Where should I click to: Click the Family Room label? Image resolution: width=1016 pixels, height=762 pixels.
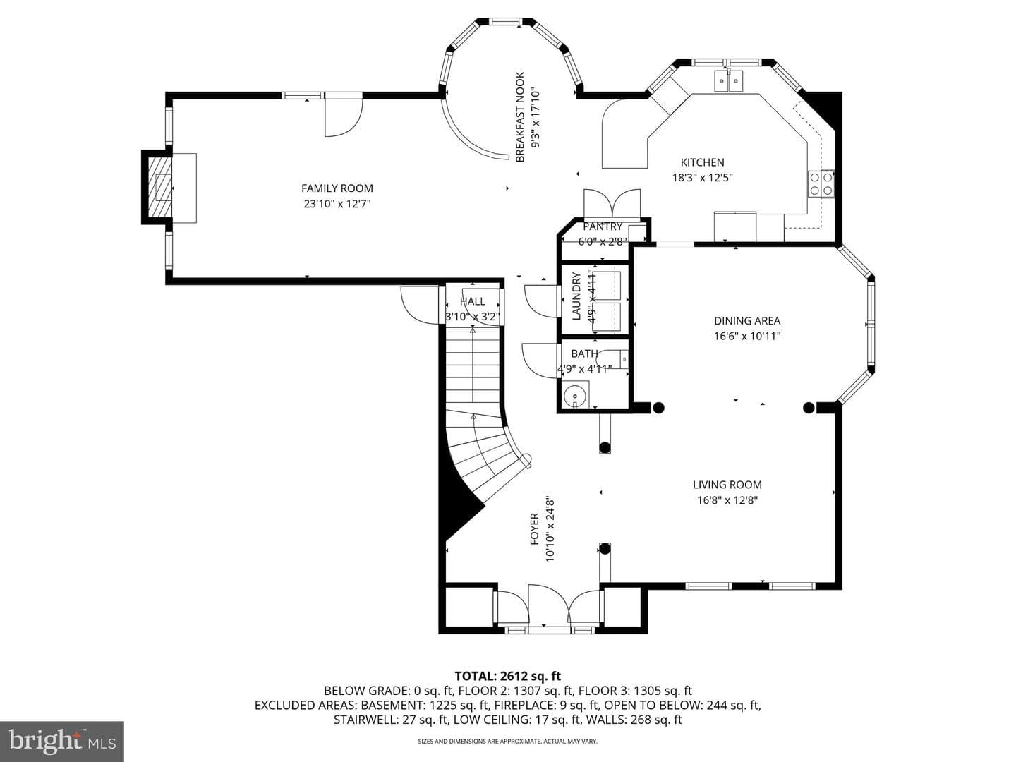coord(337,188)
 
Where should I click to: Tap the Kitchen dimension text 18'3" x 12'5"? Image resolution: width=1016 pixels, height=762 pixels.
coord(702,178)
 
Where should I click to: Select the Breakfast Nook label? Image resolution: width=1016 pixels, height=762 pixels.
coord(520,117)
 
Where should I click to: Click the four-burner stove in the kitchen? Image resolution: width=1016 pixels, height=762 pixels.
coord(821,183)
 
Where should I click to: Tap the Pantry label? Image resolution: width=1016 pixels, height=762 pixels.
coord(603,226)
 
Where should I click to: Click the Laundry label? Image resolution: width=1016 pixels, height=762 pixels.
coord(576,296)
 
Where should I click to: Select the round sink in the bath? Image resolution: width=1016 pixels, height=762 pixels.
coord(575,396)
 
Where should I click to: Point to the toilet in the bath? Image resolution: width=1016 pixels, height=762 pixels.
coord(612,359)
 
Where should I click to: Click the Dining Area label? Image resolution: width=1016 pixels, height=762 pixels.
coord(747,320)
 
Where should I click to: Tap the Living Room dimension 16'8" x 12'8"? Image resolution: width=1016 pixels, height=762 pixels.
coord(727,500)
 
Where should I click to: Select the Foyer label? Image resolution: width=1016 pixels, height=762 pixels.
coord(535,529)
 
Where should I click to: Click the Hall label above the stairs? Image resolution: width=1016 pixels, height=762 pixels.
coord(473,302)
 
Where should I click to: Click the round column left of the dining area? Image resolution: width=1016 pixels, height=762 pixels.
coord(658,408)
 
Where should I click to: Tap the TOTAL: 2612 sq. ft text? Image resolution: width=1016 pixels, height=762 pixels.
coord(508,676)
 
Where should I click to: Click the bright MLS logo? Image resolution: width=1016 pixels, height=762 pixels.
coord(61,741)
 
